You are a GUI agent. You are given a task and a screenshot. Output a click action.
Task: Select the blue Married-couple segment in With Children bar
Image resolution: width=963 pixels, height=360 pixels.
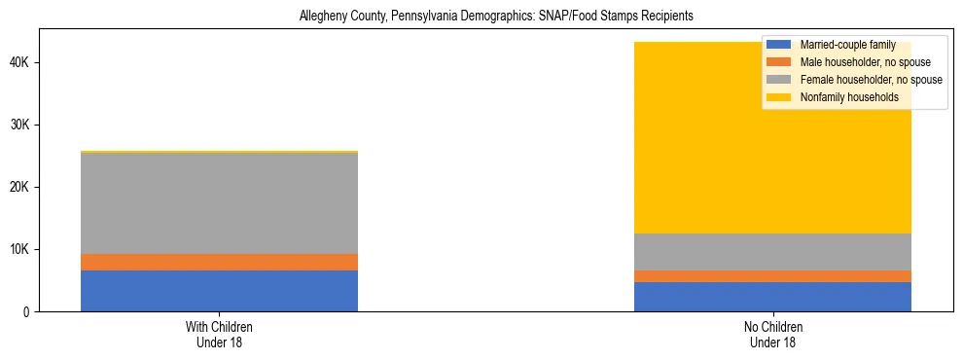219,291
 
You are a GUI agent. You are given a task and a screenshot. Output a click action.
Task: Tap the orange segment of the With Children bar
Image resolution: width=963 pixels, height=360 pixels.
219,262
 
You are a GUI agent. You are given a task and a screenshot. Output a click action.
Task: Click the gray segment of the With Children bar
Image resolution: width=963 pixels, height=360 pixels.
219,203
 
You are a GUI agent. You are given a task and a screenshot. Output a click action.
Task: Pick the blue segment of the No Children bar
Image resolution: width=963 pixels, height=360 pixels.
772,297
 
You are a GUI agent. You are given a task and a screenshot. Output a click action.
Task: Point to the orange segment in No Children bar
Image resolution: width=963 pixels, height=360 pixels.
772,276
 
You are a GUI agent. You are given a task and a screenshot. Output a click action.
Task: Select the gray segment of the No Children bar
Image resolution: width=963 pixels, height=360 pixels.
772,252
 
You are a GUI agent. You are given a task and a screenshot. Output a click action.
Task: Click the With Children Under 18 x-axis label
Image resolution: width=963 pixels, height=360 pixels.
219,334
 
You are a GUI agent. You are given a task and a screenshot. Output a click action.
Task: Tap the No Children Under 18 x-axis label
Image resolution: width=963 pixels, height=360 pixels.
772,334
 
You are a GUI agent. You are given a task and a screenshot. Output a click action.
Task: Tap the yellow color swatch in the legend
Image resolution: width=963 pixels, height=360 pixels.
779,97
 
